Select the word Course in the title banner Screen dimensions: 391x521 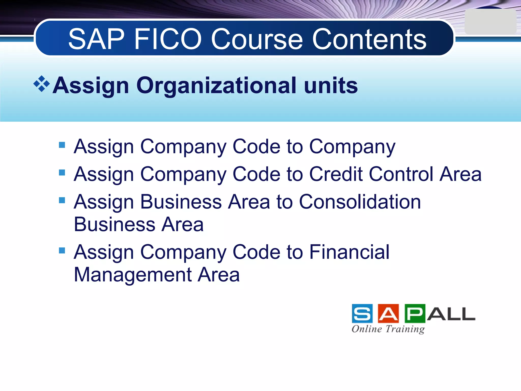pos(257,39)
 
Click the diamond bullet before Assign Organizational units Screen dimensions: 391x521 pos(41,84)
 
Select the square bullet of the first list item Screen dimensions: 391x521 pos(62,145)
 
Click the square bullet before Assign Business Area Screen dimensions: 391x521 pos(62,200)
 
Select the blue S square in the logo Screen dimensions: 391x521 pos(362,314)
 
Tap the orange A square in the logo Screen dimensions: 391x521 pos(388,314)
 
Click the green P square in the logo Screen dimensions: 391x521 pos(415,314)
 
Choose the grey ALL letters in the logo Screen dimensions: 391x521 pos(451,314)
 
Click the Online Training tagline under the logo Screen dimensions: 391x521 pos(388,329)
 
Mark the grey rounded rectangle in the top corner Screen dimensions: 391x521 pos(490,22)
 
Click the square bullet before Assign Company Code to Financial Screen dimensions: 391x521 pos(62,250)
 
